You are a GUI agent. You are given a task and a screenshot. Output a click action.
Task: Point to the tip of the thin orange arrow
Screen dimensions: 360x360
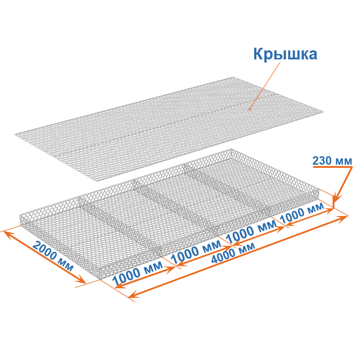pos(249,110)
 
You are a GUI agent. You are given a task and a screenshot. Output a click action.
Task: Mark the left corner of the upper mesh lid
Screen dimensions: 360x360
pos(17,134)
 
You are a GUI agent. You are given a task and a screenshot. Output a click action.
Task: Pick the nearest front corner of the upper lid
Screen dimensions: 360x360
pos(99,180)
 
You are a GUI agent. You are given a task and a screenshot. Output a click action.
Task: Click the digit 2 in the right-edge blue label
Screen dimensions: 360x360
pos(315,161)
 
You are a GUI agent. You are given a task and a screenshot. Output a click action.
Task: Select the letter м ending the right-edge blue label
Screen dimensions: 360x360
pos(348,161)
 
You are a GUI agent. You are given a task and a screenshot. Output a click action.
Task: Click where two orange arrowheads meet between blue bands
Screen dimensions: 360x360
pos(233,246)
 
